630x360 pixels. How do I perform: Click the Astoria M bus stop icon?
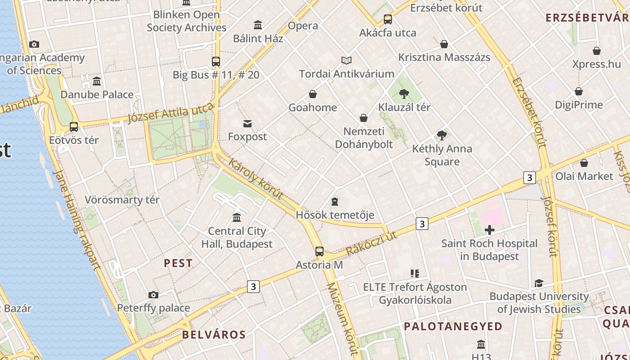click(x=319, y=252)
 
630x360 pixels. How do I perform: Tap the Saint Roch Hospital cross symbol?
click(x=489, y=230)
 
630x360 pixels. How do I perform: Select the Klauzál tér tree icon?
click(x=404, y=94)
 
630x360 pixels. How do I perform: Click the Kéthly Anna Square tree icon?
click(x=442, y=135)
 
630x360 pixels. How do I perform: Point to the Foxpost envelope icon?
click(x=247, y=124)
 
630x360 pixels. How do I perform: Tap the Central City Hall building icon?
click(x=237, y=218)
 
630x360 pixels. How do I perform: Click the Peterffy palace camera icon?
click(x=153, y=295)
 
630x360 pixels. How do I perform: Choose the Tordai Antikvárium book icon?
click(x=346, y=60)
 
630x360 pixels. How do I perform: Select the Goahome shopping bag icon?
click(x=312, y=94)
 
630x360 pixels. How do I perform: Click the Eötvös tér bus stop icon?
click(x=74, y=127)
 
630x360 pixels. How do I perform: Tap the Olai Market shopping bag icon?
click(x=584, y=163)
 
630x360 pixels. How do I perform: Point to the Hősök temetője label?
click(x=335, y=215)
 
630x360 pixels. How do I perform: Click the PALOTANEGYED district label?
click(x=453, y=326)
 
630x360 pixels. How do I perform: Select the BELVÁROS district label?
click(x=214, y=334)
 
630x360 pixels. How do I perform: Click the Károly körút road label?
click(x=255, y=179)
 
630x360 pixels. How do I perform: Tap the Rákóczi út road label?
click(x=372, y=243)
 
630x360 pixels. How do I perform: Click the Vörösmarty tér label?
click(x=122, y=200)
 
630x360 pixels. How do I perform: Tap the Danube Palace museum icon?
click(x=97, y=81)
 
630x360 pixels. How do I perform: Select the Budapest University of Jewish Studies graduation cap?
click(x=539, y=283)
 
